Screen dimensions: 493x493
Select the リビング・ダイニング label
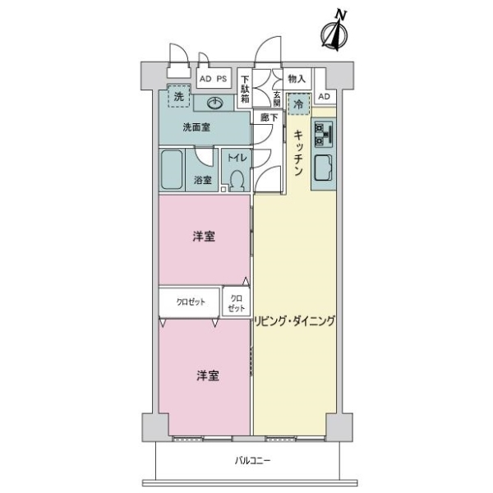pos(294,320)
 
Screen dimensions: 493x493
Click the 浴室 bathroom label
pos(203,180)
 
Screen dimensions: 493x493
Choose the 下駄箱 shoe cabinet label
pos(245,87)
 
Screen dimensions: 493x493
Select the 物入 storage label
pos(297,79)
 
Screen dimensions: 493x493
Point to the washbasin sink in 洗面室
pos(214,104)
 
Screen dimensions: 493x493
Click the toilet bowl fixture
pos(237,178)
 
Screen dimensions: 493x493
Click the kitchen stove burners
pos(321,132)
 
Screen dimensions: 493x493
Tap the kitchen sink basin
pos(321,169)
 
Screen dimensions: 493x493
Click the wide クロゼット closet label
pos(190,302)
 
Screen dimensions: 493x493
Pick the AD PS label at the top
pos(213,79)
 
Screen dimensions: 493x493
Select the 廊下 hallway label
pos(269,117)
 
